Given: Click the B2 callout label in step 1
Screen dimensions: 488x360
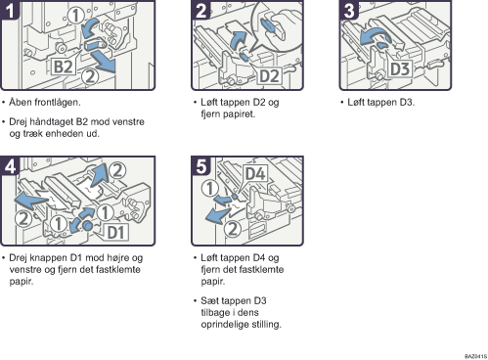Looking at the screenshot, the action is point(64,67).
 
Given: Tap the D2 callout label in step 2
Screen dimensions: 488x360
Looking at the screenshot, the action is point(269,75).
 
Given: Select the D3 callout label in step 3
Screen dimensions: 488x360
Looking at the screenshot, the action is point(400,68).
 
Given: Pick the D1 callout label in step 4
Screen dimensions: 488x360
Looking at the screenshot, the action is point(116,232).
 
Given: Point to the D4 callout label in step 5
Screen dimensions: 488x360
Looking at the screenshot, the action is point(255,173).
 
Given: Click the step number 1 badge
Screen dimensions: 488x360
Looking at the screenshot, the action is point(10,10).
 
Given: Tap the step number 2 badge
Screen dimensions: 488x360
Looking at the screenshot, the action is point(200,10).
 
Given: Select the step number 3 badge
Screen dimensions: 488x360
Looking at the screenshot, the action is point(349,10).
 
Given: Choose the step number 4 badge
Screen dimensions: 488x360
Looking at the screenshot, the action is point(10,166).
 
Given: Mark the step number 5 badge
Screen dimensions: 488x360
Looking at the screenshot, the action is point(200,166).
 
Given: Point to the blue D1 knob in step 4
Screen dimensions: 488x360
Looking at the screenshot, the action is point(87,225).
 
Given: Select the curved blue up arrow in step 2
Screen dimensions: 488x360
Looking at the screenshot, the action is point(238,40).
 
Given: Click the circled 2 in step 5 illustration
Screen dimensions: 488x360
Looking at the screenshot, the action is point(232,229).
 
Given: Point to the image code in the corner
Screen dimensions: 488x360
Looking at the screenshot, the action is point(475,356).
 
